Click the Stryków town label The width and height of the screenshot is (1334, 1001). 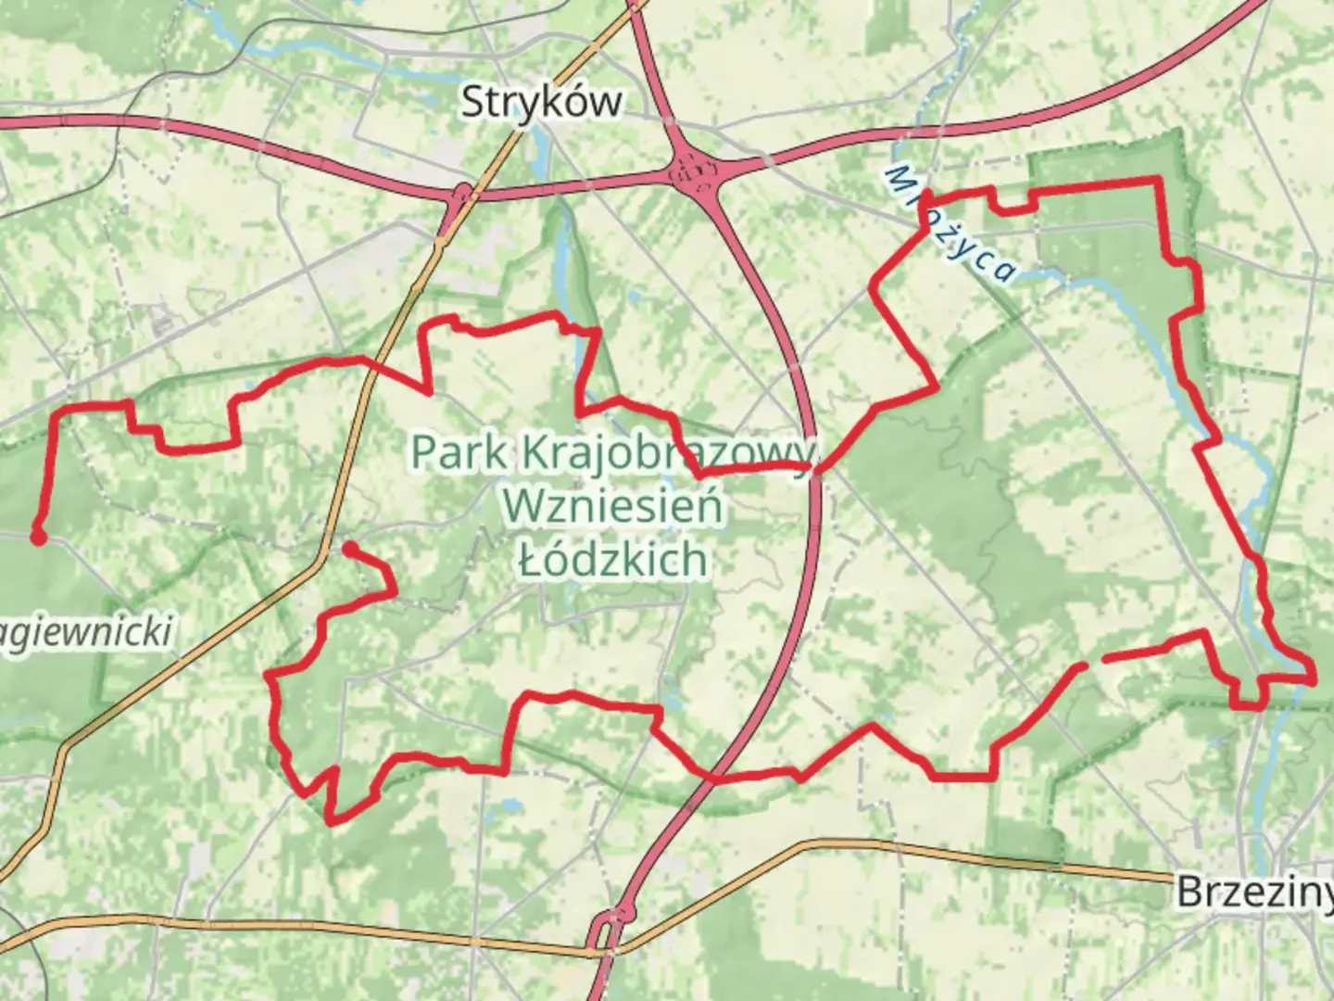(x=542, y=101)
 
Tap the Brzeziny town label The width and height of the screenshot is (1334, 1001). (x=1254, y=892)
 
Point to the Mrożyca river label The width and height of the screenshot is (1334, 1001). (x=950, y=223)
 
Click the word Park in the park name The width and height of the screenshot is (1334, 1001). (x=459, y=453)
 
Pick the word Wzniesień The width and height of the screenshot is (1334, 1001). (x=612, y=506)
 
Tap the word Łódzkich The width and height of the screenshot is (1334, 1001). (x=612, y=559)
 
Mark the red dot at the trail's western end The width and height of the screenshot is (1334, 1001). (x=38, y=536)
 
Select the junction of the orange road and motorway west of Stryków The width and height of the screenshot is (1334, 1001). (x=459, y=197)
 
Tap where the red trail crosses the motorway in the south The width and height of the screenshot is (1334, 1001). (x=713, y=779)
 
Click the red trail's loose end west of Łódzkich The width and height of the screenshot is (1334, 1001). (x=348, y=548)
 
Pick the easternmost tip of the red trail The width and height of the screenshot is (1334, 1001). (x=1314, y=679)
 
